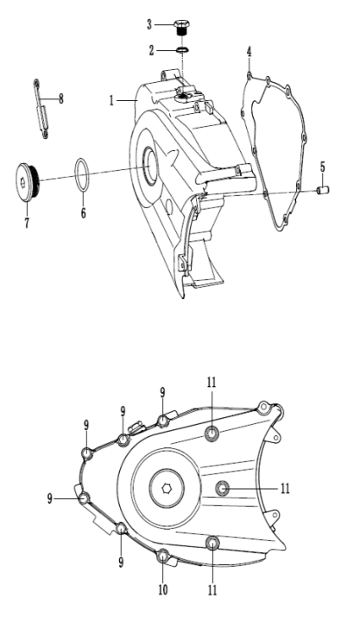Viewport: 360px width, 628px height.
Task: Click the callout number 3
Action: [x=149, y=25]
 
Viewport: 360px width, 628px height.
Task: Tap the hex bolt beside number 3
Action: [x=182, y=27]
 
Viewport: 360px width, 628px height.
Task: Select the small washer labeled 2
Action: [x=182, y=50]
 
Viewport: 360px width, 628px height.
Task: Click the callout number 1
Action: [x=111, y=100]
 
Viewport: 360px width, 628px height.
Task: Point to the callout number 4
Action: [x=249, y=52]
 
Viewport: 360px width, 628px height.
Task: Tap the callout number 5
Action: [x=322, y=167]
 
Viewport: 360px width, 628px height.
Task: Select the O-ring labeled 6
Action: [x=83, y=175]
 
